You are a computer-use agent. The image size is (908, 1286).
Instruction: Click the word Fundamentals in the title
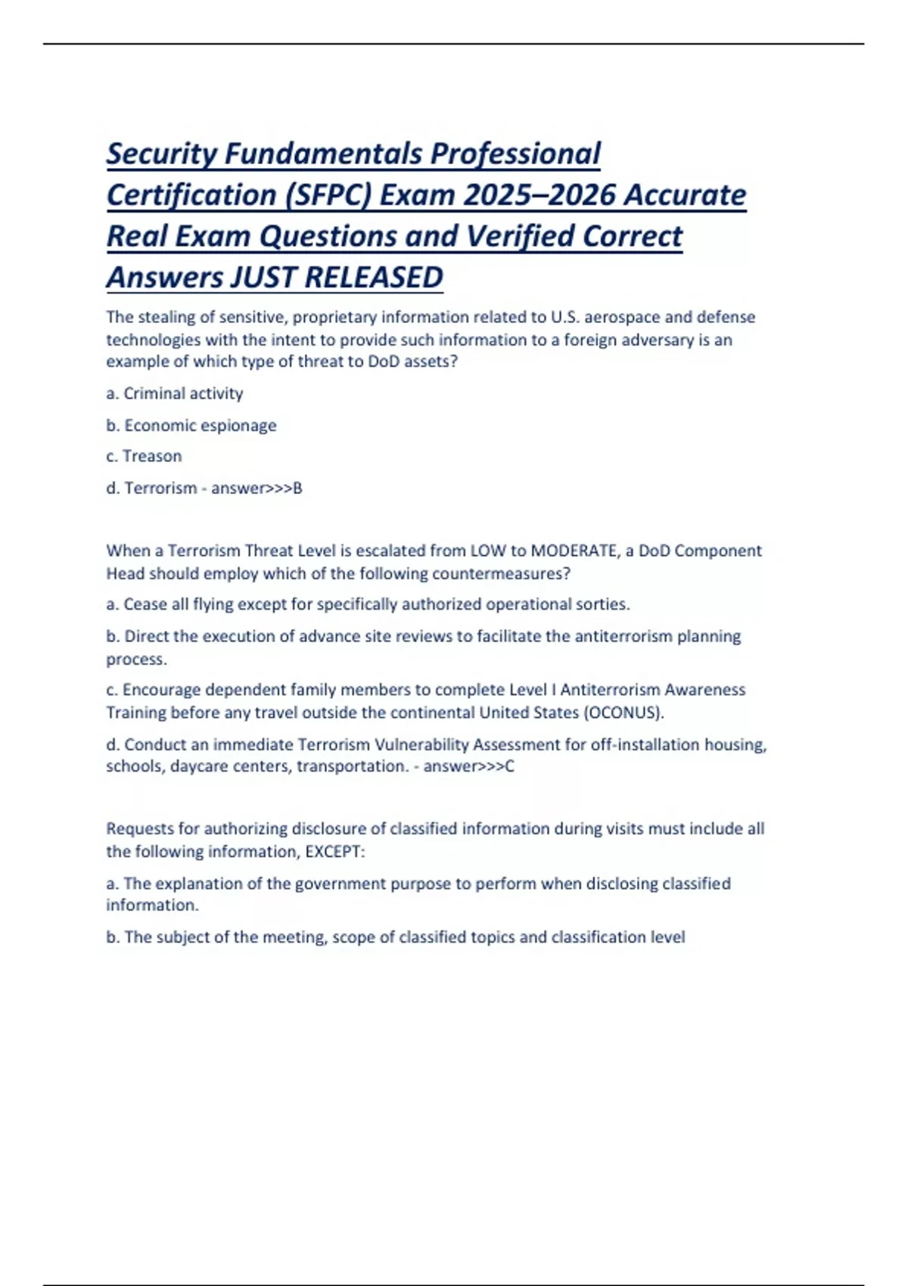coord(325,154)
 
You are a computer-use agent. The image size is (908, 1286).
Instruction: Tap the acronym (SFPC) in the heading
coord(328,195)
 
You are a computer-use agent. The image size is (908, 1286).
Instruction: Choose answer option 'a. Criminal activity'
coord(175,393)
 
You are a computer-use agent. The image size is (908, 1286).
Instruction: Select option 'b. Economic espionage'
coord(191,425)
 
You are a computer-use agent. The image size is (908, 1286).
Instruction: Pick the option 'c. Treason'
coord(144,456)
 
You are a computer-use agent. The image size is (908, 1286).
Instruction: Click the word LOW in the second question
coord(488,551)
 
